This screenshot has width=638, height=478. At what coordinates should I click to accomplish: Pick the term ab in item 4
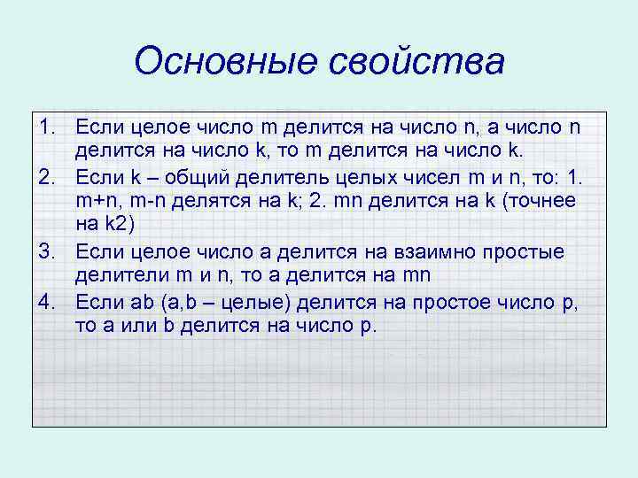[x=143, y=303]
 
